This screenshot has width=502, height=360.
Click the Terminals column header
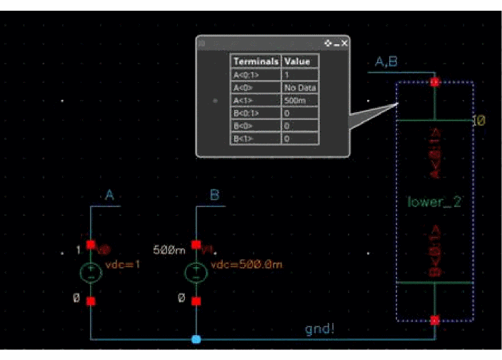tap(256, 61)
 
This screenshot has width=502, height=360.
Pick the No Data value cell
tap(300, 87)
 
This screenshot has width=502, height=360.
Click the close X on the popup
tap(345, 44)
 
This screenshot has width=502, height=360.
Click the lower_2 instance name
tap(435, 202)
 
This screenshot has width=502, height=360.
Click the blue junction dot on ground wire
tap(196, 339)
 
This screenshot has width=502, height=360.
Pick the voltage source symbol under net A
tap(91, 273)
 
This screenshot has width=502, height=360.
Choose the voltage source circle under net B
tap(196, 273)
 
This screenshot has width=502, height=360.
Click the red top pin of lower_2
tap(435, 82)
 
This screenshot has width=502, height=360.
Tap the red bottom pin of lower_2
tap(435, 320)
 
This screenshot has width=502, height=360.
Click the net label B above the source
tap(214, 195)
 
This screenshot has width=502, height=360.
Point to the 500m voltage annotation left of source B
tap(170, 250)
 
